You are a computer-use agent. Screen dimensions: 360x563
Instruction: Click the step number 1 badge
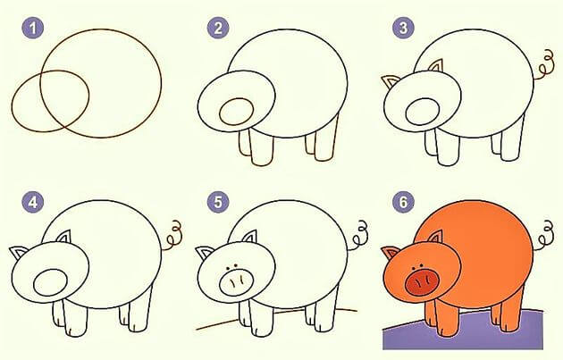click(x=34, y=29)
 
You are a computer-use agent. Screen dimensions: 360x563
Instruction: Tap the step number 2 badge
click(x=217, y=29)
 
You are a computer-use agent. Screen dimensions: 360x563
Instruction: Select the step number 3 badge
click(x=403, y=29)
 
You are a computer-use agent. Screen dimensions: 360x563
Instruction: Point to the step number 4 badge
click(x=34, y=201)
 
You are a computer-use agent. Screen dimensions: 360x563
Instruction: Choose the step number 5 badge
click(x=217, y=201)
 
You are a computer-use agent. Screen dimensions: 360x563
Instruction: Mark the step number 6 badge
click(x=403, y=201)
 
